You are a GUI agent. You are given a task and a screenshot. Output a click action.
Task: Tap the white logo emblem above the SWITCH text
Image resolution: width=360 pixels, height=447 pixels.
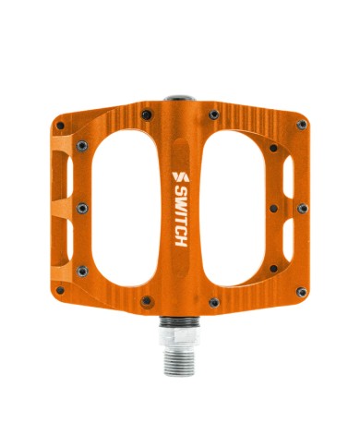181,177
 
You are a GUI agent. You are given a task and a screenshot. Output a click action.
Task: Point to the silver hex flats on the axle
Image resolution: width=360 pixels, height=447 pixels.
180,335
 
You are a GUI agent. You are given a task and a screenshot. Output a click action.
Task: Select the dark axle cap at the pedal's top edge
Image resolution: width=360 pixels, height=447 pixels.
180,99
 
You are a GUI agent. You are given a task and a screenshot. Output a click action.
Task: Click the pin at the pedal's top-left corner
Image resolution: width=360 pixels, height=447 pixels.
60,126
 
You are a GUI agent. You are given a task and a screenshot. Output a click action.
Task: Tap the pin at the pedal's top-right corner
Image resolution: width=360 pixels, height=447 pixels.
302,125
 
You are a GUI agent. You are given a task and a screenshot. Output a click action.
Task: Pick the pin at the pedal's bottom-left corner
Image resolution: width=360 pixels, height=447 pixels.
60,290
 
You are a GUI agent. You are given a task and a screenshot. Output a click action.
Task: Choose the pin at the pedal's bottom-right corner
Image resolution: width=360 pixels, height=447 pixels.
302,292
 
